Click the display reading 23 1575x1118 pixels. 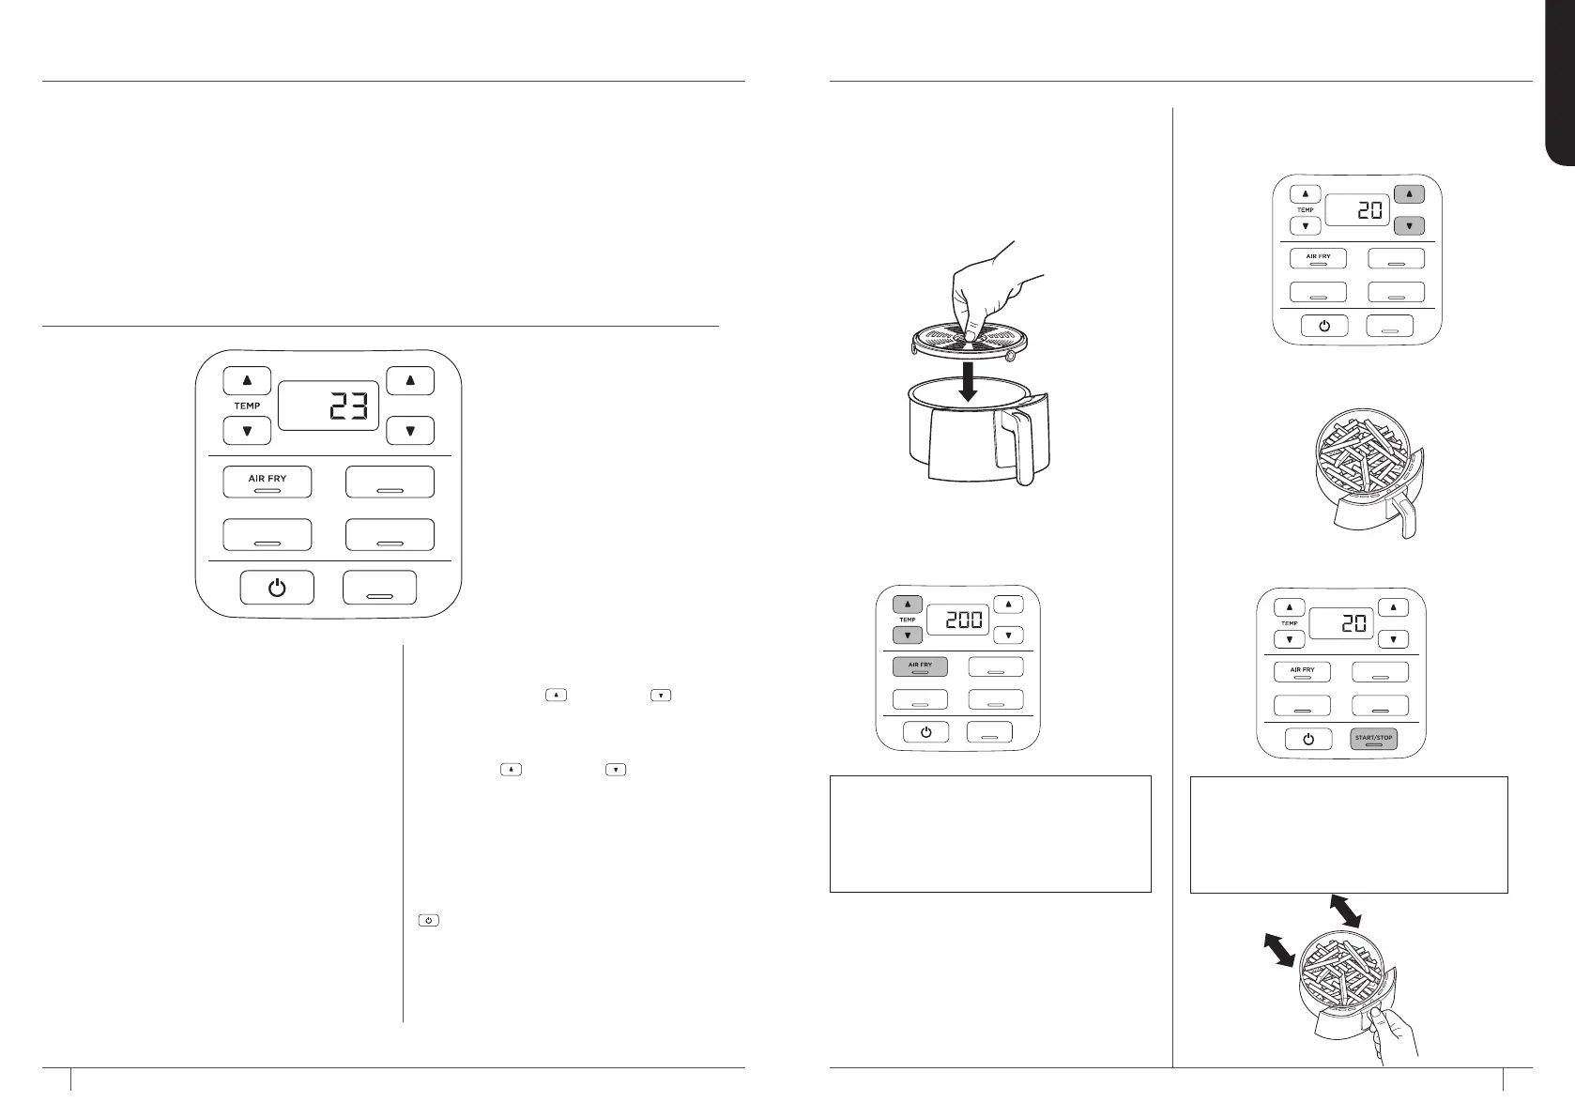point(329,406)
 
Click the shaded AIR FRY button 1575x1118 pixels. point(920,666)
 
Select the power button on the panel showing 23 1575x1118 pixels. point(277,588)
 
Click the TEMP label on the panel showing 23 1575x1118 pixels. point(247,406)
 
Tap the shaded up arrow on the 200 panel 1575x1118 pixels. point(908,605)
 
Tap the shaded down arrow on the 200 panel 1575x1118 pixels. point(908,636)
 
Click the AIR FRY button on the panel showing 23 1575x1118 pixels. point(268,482)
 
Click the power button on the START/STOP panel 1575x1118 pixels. point(1308,738)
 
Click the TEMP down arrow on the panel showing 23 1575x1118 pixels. point(247,432)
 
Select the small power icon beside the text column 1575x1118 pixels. point(427,921)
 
